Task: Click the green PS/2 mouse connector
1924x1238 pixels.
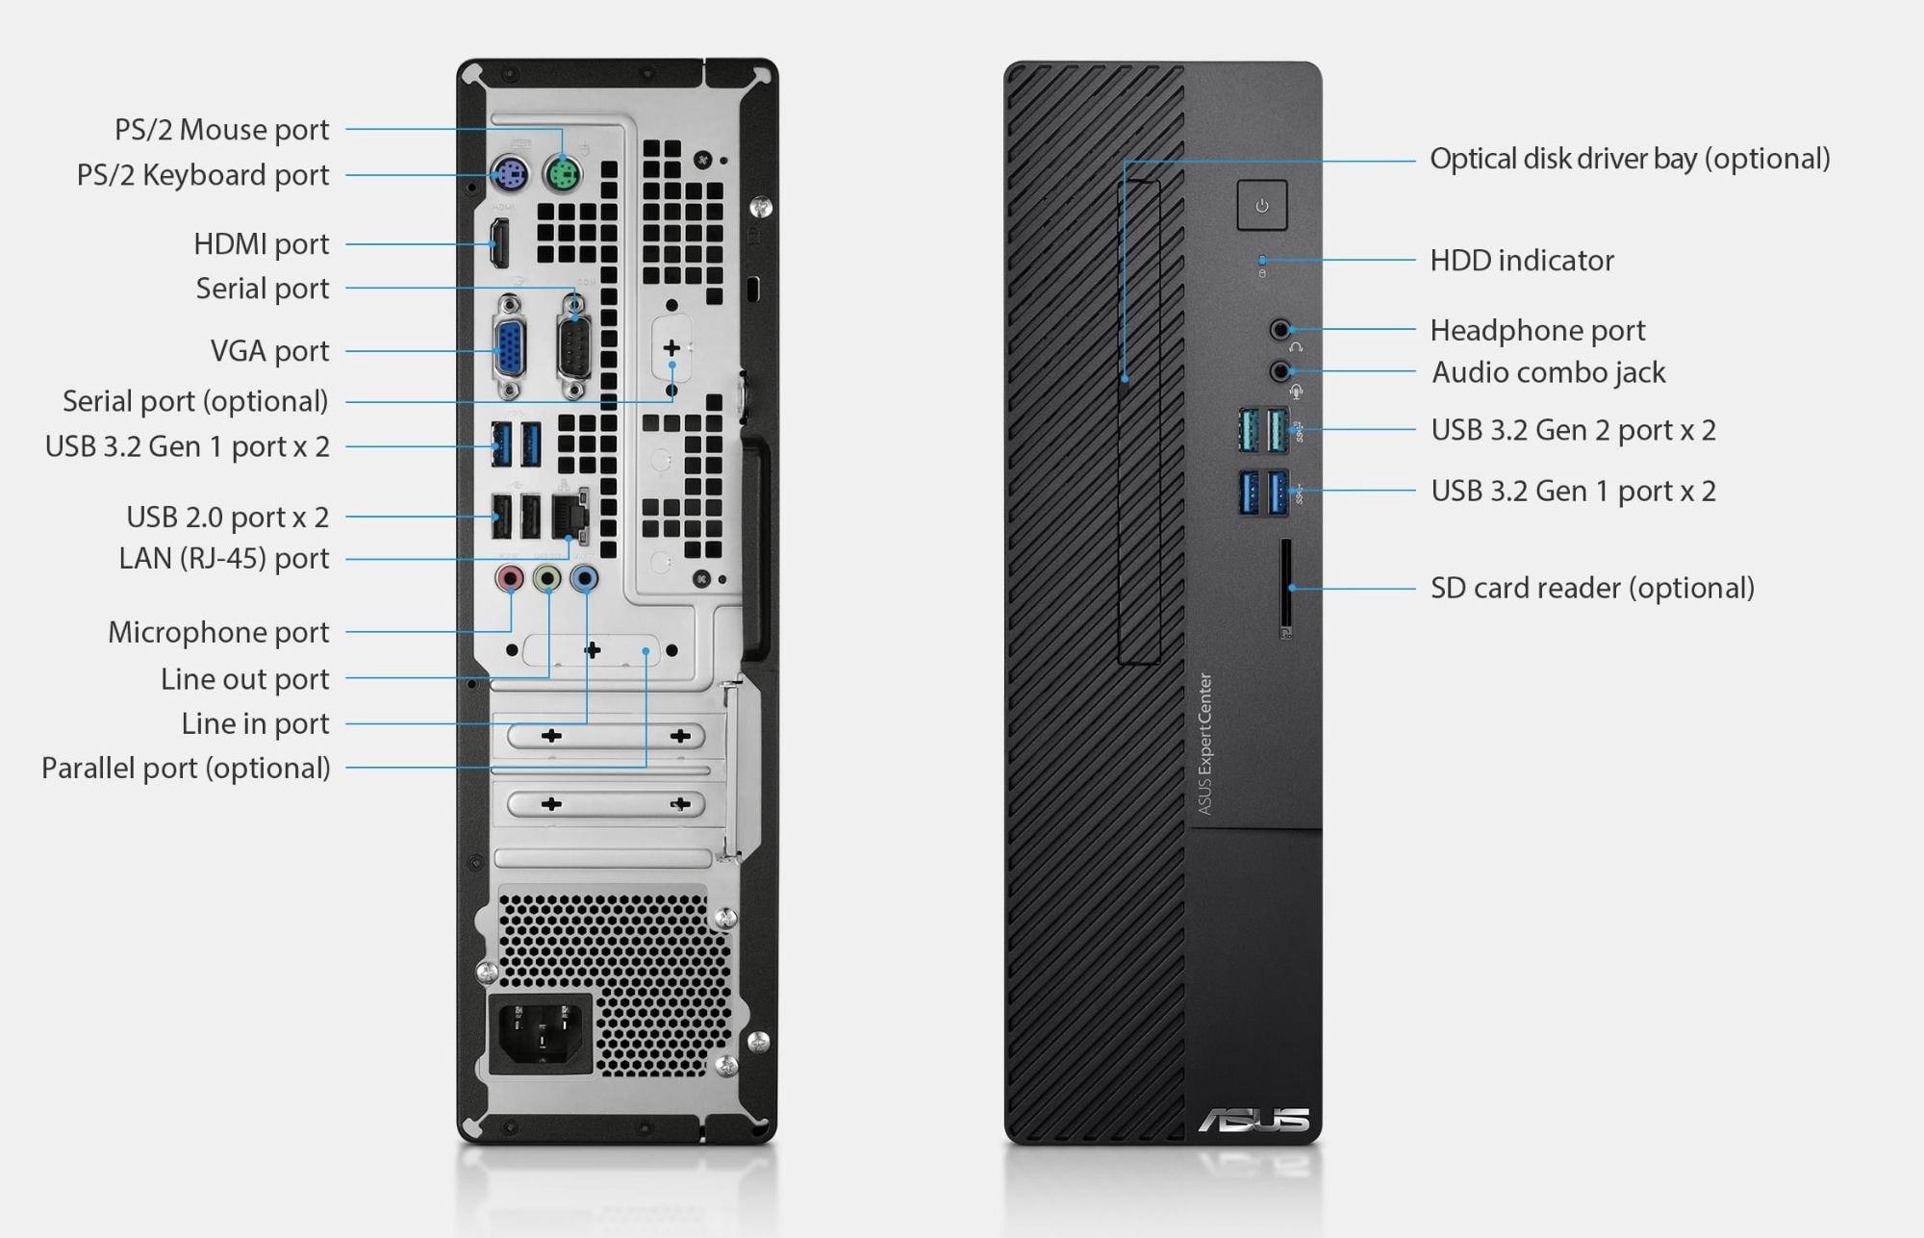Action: click(562, 175)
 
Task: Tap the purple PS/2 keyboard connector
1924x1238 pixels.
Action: click(509, 175)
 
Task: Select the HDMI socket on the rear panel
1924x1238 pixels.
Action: click(499, 243)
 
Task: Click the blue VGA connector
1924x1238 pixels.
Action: click(510, 349)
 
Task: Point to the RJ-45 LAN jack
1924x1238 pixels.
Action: click(570, 517)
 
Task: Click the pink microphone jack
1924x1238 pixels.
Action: click(509, 578)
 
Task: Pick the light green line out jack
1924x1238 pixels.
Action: click(546, 578)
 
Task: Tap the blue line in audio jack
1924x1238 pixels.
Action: click(584, 578)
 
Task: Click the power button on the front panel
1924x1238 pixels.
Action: click(1262, 205)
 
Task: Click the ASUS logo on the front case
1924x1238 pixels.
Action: click(1253, 1120)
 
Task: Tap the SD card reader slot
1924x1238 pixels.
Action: click(1286, 587)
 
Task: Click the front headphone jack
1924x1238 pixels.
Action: click(1279, 330)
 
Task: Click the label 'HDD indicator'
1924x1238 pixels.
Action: click(1522, 261)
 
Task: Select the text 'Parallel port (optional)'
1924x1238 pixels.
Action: click(186, 769)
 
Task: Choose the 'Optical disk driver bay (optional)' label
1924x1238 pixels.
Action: click(1630, 159)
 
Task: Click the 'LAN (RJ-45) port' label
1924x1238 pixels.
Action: click(224, 559)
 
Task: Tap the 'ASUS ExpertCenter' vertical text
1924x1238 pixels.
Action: click(1204, 744)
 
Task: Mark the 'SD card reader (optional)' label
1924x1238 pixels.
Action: click(1592, 588)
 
